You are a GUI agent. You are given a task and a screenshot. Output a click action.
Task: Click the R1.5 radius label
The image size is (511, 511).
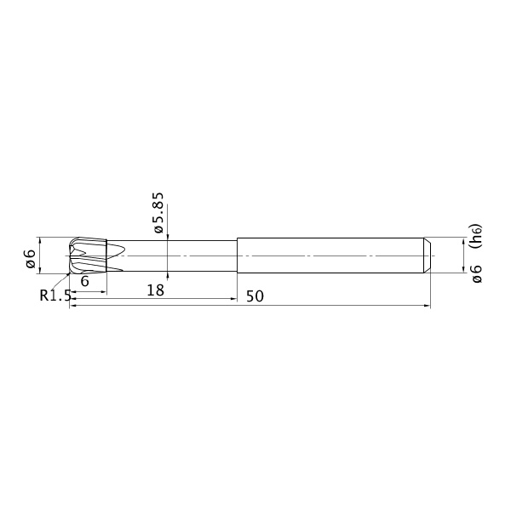coord(55,296)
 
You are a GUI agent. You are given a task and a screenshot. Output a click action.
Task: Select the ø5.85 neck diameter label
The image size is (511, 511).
coord(158,212)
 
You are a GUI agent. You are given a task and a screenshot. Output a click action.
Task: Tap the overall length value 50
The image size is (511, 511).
coord(255,296)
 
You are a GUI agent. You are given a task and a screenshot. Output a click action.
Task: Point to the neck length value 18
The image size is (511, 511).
coord(156,290)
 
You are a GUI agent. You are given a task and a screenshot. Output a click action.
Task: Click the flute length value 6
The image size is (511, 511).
coord(84,281)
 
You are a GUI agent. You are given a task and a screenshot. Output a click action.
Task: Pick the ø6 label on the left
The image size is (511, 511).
coord(31,259)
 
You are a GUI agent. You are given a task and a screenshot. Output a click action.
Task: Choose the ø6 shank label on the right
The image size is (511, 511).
coord(476,273)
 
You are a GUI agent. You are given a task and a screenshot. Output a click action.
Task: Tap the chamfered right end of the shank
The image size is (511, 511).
coord(428,255)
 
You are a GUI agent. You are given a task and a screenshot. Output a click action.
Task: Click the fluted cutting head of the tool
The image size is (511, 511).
coord(88,255)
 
